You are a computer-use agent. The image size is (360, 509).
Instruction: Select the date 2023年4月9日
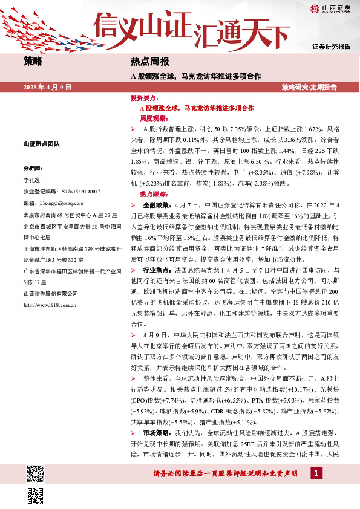click(x=48, y=88)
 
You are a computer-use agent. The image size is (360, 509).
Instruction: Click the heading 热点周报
click(x=150, y=62)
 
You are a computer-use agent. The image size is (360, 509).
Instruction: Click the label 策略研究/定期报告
click(x=310, y=88)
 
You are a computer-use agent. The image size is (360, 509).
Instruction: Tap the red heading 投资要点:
click(x=144, y=97)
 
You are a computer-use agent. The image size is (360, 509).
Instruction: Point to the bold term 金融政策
click(x=156, y=206)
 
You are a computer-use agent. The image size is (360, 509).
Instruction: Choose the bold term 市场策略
click(x=156, y=434)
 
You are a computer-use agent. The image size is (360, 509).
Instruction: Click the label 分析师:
click(x=33, y=169)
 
